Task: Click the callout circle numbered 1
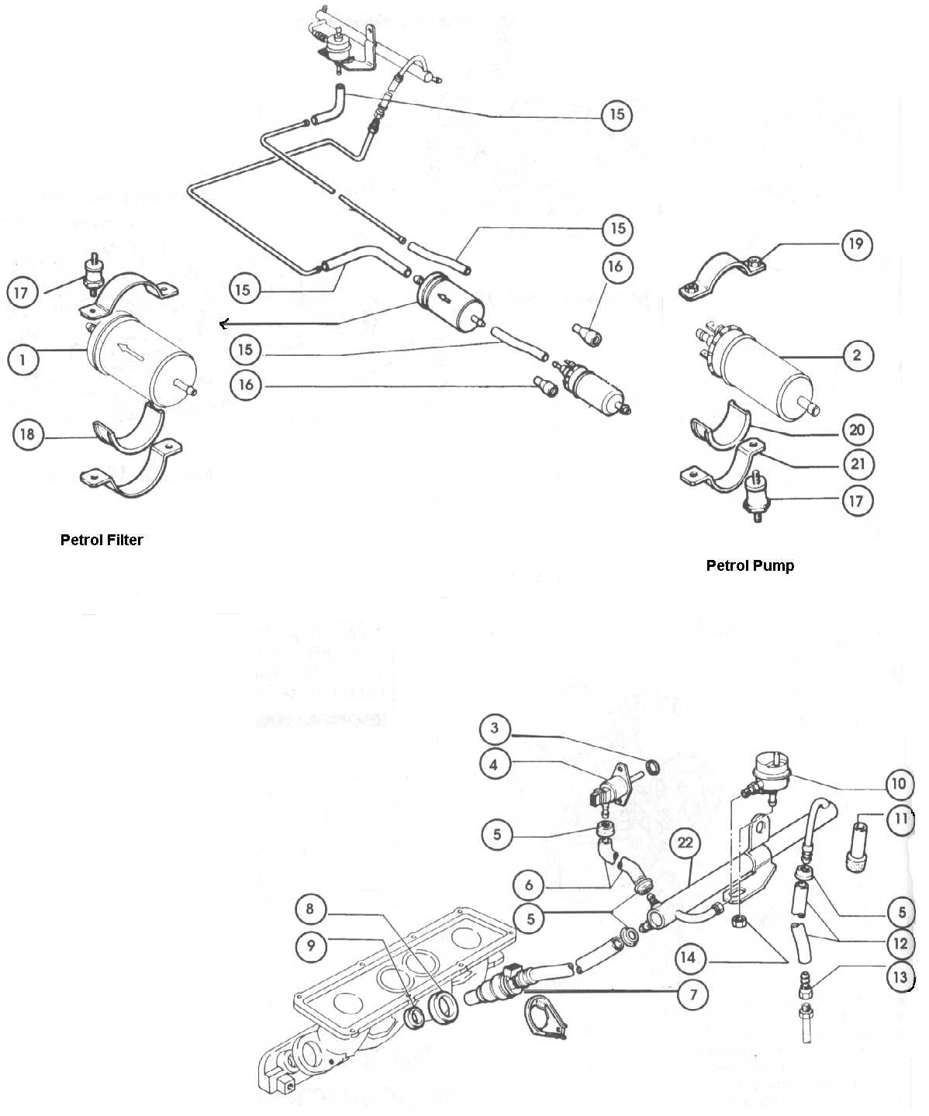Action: point(23,360)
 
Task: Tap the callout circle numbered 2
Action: point(857,356)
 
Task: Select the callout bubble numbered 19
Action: point(857,244)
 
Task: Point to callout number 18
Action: point(28,434)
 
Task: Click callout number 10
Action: point(898,784)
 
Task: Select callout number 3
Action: point(495,729)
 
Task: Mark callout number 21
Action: point(857,465)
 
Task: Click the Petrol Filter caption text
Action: point(102,541)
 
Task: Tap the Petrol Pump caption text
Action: point(750,566)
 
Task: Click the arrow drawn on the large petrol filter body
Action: point(131,352)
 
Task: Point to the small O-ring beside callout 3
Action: point(654,768)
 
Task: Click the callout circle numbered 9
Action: point(309,944)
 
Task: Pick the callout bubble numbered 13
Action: point(900,977)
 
